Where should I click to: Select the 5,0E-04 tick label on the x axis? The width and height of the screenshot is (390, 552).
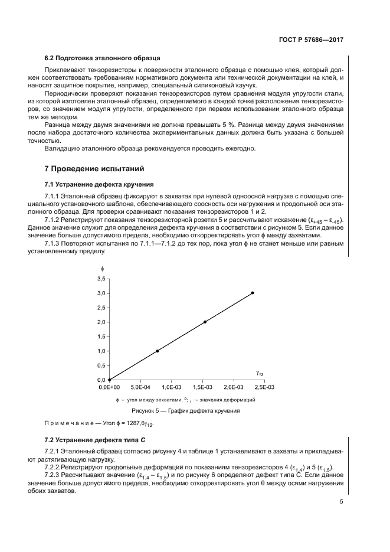coord(140,388)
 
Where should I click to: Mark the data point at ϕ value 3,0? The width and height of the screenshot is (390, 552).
coord(253,293)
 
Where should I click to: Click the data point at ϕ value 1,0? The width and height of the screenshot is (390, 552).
coord(158,351)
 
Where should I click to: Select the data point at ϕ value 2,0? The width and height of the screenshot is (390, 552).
coord(205,322)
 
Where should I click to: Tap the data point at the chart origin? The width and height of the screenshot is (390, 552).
coord(109,380)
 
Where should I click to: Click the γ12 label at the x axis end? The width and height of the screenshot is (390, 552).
coord(260,373)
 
